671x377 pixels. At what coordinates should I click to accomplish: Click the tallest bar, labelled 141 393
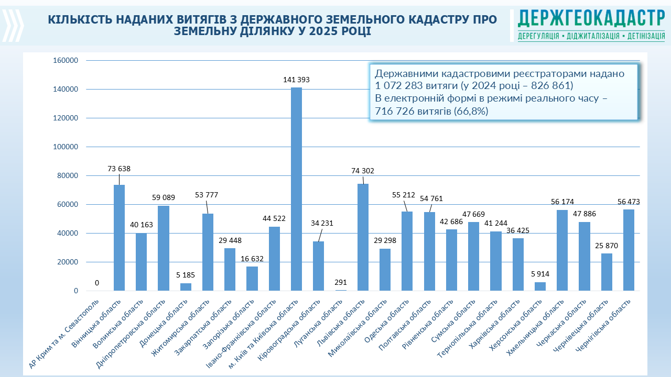296,188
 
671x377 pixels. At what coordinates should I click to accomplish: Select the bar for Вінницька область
119,238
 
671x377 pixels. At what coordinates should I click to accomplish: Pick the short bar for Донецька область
186,287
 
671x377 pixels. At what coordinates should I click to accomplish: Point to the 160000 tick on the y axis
66,61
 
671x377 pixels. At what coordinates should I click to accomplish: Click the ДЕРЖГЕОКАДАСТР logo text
591,19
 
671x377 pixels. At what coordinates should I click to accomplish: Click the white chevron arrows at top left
13,25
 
